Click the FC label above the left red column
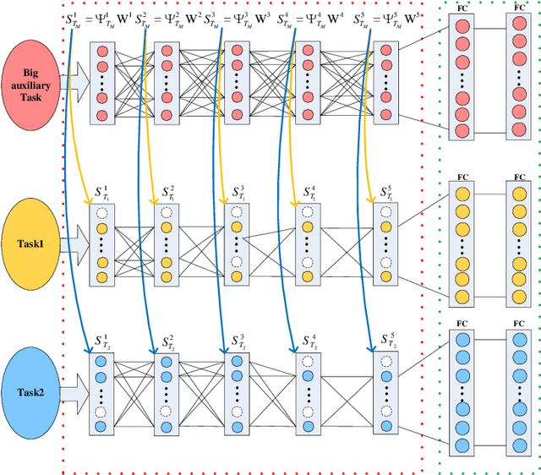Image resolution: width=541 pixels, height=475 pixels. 462,8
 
